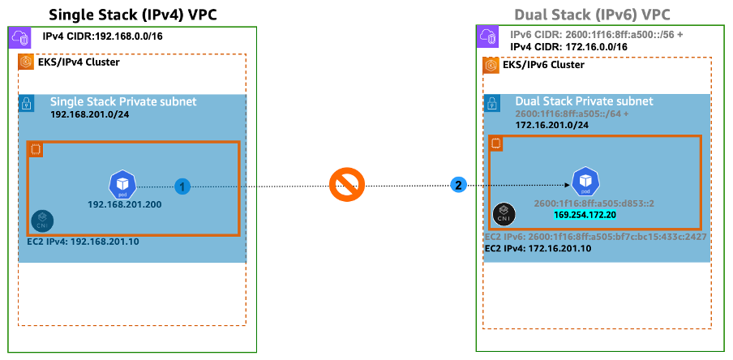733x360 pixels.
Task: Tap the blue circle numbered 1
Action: [x=183, y=186]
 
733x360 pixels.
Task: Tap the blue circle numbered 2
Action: [x=458, y=186]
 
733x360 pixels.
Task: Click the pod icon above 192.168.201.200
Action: [x=123, y=184]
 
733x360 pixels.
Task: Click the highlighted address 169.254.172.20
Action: [x=585, y=215]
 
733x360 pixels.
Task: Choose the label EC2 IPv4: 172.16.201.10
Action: [x=538, y=248]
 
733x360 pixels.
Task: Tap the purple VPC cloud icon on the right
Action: [x=488, y=36]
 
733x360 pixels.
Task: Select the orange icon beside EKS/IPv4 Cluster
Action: [x=27, y=62]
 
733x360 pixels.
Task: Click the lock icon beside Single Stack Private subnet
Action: [x=28, y=103]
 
